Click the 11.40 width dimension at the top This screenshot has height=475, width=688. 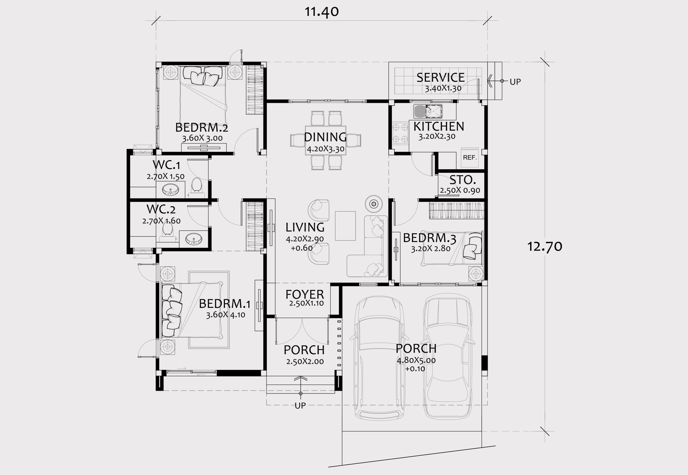[321, 12]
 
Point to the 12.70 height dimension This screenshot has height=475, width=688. [544, 247]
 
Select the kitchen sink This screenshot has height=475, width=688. [428, 111]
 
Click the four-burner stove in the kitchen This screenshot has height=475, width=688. [400, 133]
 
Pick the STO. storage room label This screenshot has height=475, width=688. [463, 180]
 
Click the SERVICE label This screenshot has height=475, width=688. [440, 78]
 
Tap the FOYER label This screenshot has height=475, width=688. [305, 294]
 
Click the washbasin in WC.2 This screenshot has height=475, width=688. [193, 239]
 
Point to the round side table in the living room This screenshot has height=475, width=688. [374, 204]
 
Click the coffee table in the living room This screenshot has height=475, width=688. [345, 226]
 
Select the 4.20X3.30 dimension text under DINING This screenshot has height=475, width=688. [325, 148]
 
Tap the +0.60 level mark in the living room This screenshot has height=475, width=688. [302, 248]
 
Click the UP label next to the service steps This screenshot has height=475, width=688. [515, 82]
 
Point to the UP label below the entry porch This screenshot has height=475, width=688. [300, 405]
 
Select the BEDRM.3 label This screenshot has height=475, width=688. [429, 238]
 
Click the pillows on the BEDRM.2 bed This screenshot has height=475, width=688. [202, 76]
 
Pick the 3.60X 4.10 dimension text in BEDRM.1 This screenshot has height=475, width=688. [225, 315]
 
